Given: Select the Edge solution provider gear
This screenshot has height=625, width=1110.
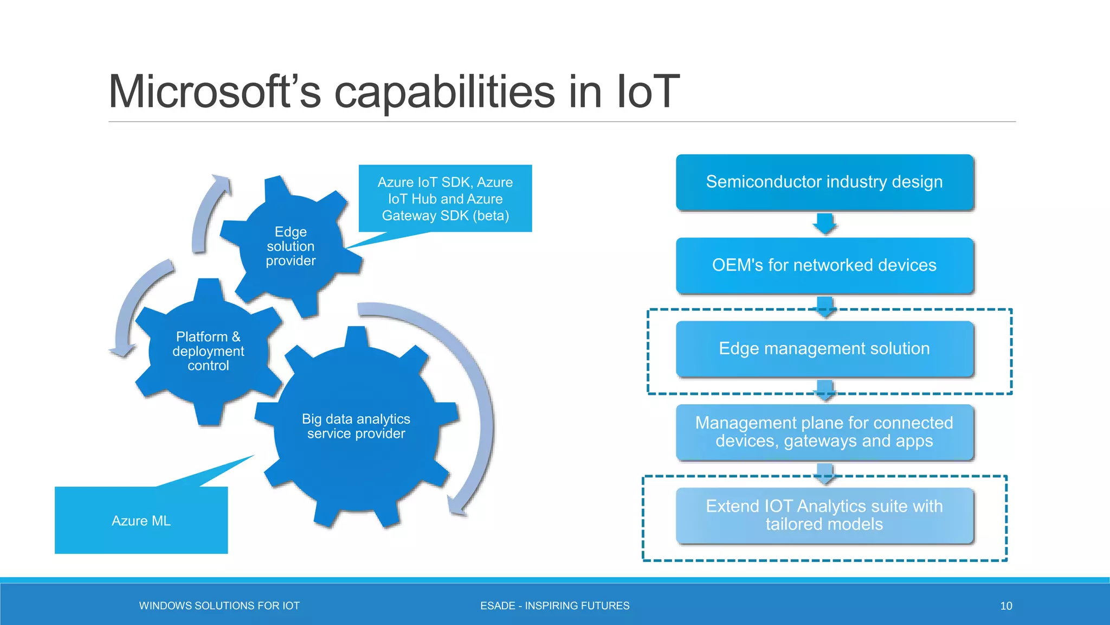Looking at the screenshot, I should point(291,246).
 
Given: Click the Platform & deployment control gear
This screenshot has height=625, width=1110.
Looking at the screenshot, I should point(208,351).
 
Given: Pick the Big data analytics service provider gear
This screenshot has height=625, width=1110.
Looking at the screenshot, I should point(356,426).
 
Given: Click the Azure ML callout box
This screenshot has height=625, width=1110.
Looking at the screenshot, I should point(141,520).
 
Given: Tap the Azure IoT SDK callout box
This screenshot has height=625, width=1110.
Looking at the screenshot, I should point(445,199).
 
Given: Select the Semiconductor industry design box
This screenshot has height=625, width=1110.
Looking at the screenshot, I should point(824,182).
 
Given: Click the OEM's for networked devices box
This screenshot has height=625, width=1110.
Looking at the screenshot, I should point(824,265).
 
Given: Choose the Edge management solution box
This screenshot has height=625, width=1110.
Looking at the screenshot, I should point(824,348).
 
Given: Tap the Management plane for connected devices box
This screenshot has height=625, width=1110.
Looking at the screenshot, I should point(824,432).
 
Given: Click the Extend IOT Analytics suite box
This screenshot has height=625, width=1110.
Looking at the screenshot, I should point(824,515).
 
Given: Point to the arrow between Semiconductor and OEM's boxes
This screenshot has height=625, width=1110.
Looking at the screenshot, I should point(825,224).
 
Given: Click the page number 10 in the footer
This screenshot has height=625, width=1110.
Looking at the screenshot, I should point(1006,606).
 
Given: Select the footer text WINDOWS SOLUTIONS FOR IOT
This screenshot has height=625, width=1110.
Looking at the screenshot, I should point(219,606).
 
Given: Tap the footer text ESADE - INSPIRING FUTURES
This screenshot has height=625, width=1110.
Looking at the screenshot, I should point(554,606).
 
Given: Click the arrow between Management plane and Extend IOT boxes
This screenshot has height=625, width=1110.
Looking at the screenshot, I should point(825,474).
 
